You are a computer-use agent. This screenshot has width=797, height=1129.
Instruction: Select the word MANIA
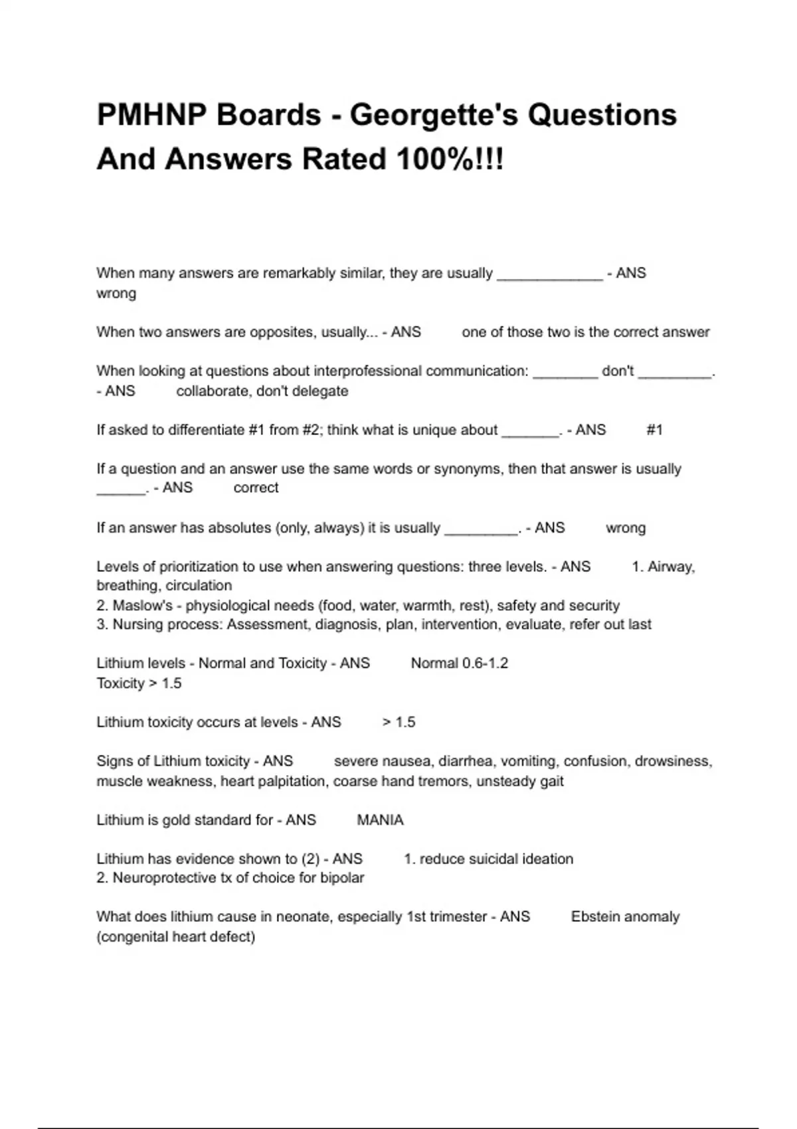(380, 820)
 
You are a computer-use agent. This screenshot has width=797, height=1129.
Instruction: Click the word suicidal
(478, 859)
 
